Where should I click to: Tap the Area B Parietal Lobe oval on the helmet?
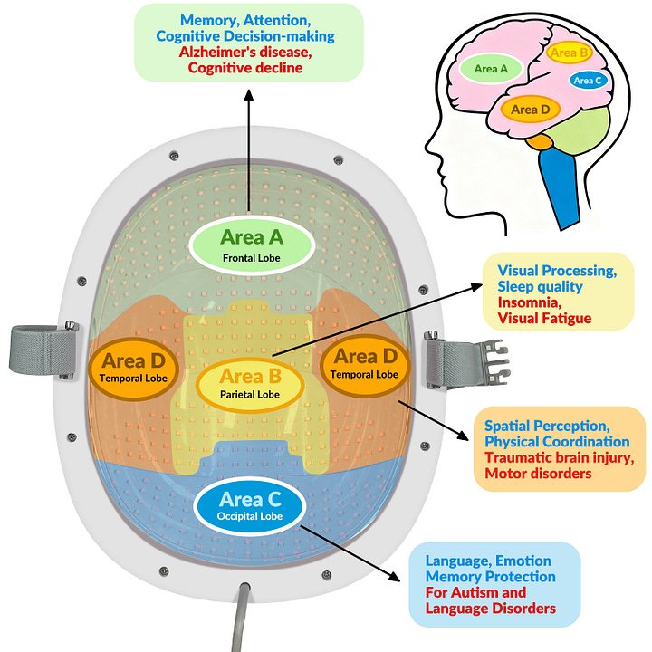[251, 383]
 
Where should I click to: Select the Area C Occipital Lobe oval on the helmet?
[251, 506]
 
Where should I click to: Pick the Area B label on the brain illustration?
[570, 53]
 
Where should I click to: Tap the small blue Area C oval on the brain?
[587, 81]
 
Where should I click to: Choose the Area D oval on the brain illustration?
[530, 110]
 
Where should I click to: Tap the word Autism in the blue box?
[483, 592]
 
